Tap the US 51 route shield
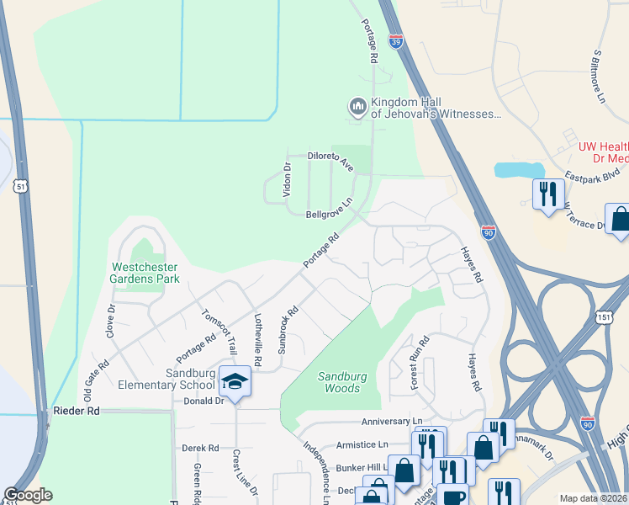click(x=18, y=184)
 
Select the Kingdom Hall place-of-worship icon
click(x=357, y=107)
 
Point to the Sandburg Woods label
click(x=342, y=383)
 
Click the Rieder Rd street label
click(x=76, y=411)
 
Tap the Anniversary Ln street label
click(x=392, y=421)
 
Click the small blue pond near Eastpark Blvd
click(x=516, y=169)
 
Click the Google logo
click(x=28, y=495)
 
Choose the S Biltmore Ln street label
click(x=599, y=76)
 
